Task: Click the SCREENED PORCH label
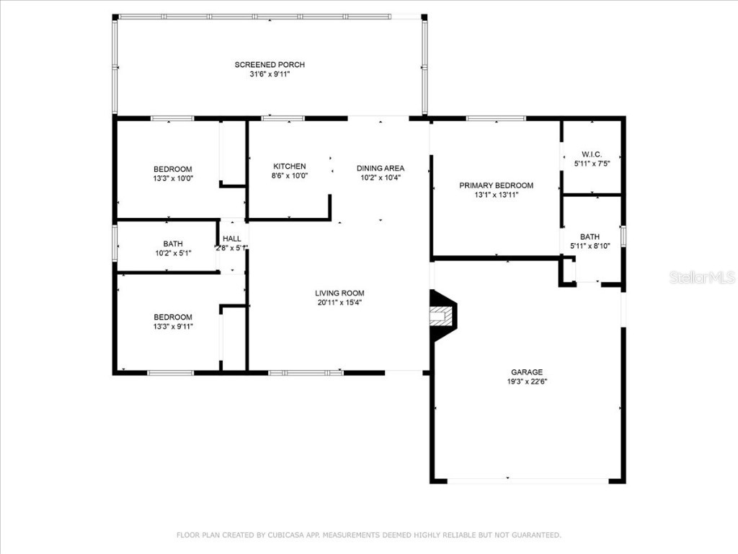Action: [x=270, y=65]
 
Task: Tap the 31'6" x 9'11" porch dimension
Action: [x=270, y=74]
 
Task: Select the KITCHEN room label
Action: [x=289, y=167]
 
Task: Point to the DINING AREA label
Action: [x=381, y=168]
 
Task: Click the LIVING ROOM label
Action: [x=339, y=293]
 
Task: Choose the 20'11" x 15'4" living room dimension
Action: [x=339, y=302]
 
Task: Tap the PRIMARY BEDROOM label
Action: [x=497, y=185]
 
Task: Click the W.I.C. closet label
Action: [x=592, y=154]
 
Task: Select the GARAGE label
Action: [x=528, y=372]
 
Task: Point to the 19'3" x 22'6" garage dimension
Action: [x=528, y=382]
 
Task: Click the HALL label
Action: [x=232, y=239]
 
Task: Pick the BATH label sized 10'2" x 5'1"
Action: [x=173, y=244]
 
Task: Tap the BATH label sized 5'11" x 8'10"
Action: [x=590, y=237]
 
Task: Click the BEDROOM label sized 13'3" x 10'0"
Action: [x=173, y=170]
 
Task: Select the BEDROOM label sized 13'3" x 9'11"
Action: [x=173, y=317]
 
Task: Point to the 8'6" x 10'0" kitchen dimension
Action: [x=289, y=176]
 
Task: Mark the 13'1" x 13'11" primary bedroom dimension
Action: [x=497, y=195]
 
